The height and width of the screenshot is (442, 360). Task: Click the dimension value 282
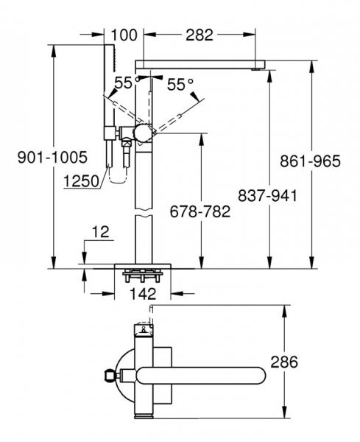click(199, 34)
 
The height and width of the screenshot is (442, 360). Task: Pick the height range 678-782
click(200, 211)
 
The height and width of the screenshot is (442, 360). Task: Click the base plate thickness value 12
click(100, 233)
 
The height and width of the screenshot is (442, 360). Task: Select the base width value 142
click(144, 292)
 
